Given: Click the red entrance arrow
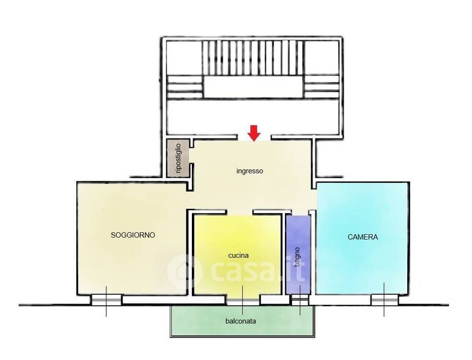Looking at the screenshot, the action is (254, 133).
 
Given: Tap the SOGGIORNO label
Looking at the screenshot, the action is (133, 235).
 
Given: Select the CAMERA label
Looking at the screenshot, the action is (362, 237).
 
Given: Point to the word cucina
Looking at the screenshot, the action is (239, 256).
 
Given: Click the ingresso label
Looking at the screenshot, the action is (249, 171).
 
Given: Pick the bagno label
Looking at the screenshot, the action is (297, 257).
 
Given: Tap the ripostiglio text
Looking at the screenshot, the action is (178, 158).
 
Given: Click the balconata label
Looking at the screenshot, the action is (240, 321).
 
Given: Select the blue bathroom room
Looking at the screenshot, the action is (297, 254).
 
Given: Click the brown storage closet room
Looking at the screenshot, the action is (178, 158).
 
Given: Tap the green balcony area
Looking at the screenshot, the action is (242, 321).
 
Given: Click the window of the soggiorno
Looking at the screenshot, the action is (106, 300).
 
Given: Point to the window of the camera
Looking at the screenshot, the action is (384, 300).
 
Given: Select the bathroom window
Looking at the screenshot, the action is (300, 300).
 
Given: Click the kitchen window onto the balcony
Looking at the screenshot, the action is (243, 301).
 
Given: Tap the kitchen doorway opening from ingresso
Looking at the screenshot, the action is (239, 212).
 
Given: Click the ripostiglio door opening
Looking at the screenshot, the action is (191, 155).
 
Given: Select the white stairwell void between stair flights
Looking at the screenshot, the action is (253, 87).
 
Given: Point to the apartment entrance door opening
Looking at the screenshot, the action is (254, 138).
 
